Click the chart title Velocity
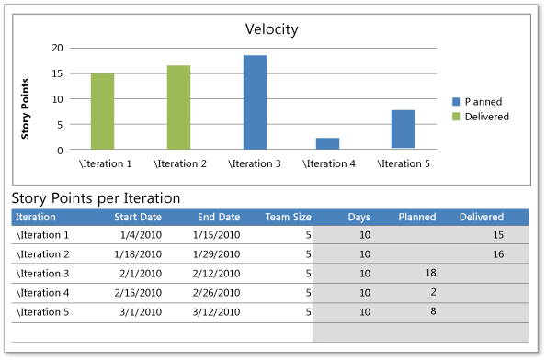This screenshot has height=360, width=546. click(x=271, y=28)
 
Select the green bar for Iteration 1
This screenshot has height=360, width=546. click(x=102, y=111)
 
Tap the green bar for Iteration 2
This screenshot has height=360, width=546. click(x=178, y=107)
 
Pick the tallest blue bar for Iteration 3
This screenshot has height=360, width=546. click(x=255, y=102)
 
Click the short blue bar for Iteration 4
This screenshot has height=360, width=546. click(x=327, y=143)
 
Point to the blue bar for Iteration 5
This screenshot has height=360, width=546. click(x=403, y=129)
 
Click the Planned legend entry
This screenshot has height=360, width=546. click(x=483, y=102)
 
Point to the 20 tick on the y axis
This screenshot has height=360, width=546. click(x=58, y=48)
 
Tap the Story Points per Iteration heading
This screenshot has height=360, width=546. click(x=96, y=197)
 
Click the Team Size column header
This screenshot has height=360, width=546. click(x=288, y=218)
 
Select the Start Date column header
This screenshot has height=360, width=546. click(x=137, y=218)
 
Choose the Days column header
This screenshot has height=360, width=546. click(x=359, y=218)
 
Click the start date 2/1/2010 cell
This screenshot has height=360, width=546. click(x=142, y=273)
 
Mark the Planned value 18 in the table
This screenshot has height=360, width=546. click(x=429, y=273)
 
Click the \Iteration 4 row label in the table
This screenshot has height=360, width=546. click(x=43, y=292)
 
